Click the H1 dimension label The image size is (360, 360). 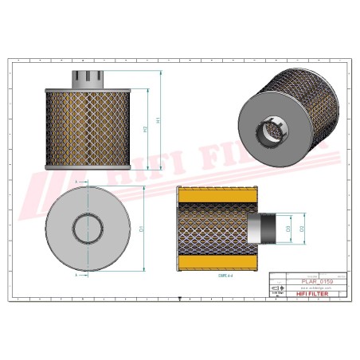tap(158, 120)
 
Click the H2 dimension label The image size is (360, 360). tap(145, 128)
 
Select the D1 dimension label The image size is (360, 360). tap(140, 229)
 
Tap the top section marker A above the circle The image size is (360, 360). tap(75, 182)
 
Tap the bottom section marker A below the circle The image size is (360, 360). tap(75, 276)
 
